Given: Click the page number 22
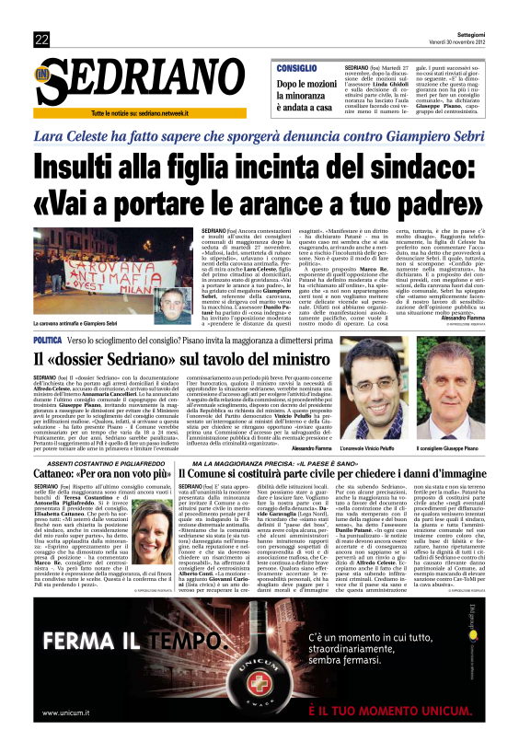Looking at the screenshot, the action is (41, 39).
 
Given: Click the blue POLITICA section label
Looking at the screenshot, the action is (49, 365).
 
